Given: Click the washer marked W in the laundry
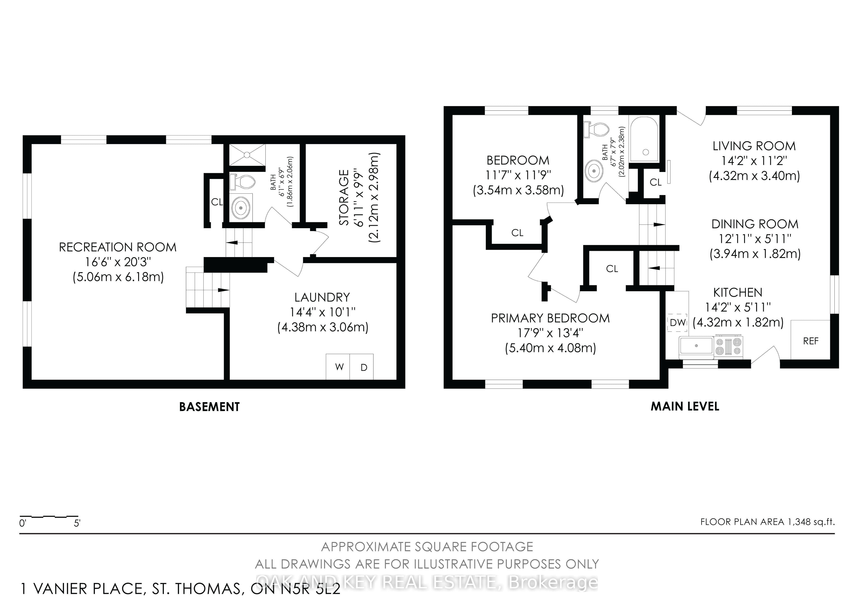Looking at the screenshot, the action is [338, 367].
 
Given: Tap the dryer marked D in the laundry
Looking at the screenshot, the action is [362, 367].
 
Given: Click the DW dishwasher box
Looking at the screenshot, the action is [678, 322].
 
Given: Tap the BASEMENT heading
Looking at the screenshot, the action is [209, 407].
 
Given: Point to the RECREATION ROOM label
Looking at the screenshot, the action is [118, 247].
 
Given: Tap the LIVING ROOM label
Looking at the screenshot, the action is [754, 146].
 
